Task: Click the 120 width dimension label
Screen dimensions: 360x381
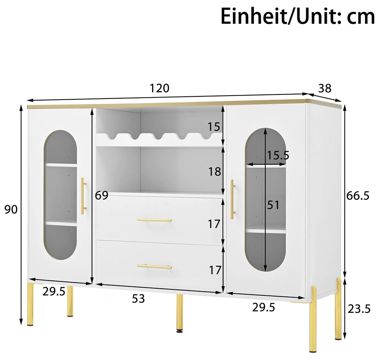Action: [x=159, y=88]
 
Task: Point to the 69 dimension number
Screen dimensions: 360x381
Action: [x=101, y=195]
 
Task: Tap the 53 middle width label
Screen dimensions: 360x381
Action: [x=138, y=298]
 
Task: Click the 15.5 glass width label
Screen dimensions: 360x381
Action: [x=278, y=155]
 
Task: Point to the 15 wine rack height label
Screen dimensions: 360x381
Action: [x=214, y=127]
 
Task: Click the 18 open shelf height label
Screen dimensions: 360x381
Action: [x=214, y=172]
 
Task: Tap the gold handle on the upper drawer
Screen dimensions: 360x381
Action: [x=154, y=220]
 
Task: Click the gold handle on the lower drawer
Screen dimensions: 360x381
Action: [x=154, y=267]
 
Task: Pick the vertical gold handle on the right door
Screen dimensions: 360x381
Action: [x=233, y=199]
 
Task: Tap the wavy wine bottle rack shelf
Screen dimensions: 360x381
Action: [x=159, y=140]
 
